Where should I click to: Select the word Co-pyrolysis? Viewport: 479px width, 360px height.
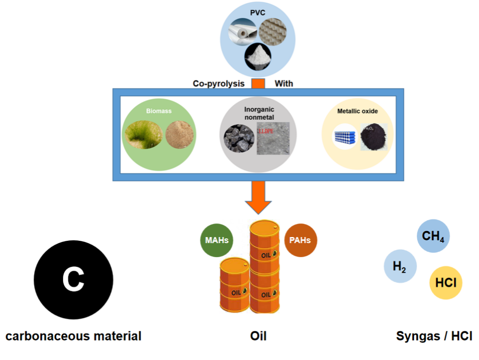(218, 84)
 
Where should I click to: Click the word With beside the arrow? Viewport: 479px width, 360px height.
(283, 84)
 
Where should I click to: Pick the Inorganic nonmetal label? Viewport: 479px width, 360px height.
(259, 113)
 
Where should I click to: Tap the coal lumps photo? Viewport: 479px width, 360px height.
(239, 138)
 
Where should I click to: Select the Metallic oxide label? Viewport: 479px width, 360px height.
(357, 111)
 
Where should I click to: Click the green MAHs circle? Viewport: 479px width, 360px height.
(217, 240)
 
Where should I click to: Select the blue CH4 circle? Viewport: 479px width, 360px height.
(433, 236)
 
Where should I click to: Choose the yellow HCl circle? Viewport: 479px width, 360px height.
(446, 283)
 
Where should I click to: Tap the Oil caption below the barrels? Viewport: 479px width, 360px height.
(258, 336)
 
